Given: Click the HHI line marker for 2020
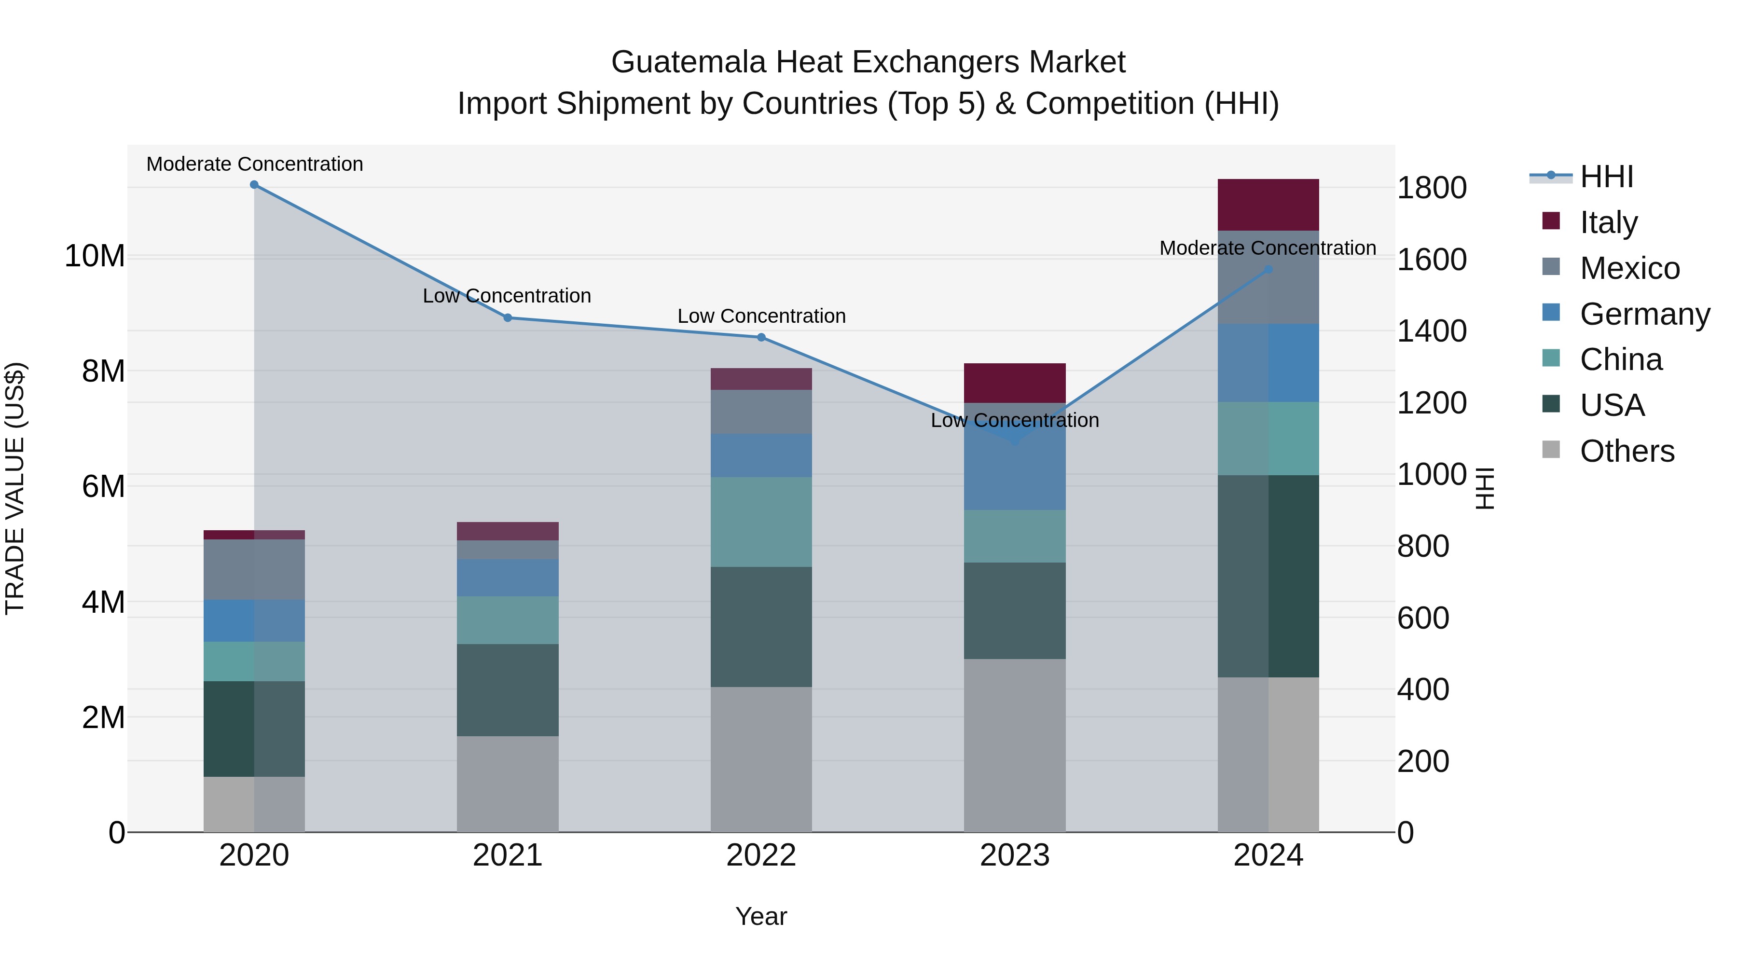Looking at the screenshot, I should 254,185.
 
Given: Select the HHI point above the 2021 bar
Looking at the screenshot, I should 508,317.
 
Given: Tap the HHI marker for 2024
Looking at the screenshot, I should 1268,270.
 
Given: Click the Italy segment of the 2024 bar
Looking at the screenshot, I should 1268,205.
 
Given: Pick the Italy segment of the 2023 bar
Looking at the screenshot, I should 1015,383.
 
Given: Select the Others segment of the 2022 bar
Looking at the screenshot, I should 761,759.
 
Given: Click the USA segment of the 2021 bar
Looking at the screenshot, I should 508,690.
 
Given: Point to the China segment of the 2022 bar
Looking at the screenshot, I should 761,522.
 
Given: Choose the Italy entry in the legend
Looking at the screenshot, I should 1608,222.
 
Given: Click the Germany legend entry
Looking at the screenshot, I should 1644,314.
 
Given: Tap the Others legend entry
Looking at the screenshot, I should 1627,451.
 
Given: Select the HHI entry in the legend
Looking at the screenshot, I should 1606,177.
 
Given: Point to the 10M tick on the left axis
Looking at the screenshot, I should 95,256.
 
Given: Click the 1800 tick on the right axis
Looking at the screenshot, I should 1432,188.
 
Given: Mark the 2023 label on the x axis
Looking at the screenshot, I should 1015,855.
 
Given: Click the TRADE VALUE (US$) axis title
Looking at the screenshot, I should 15,488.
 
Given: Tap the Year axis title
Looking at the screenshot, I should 761,916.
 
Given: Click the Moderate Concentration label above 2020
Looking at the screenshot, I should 255,165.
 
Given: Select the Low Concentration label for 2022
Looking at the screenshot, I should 761,316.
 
